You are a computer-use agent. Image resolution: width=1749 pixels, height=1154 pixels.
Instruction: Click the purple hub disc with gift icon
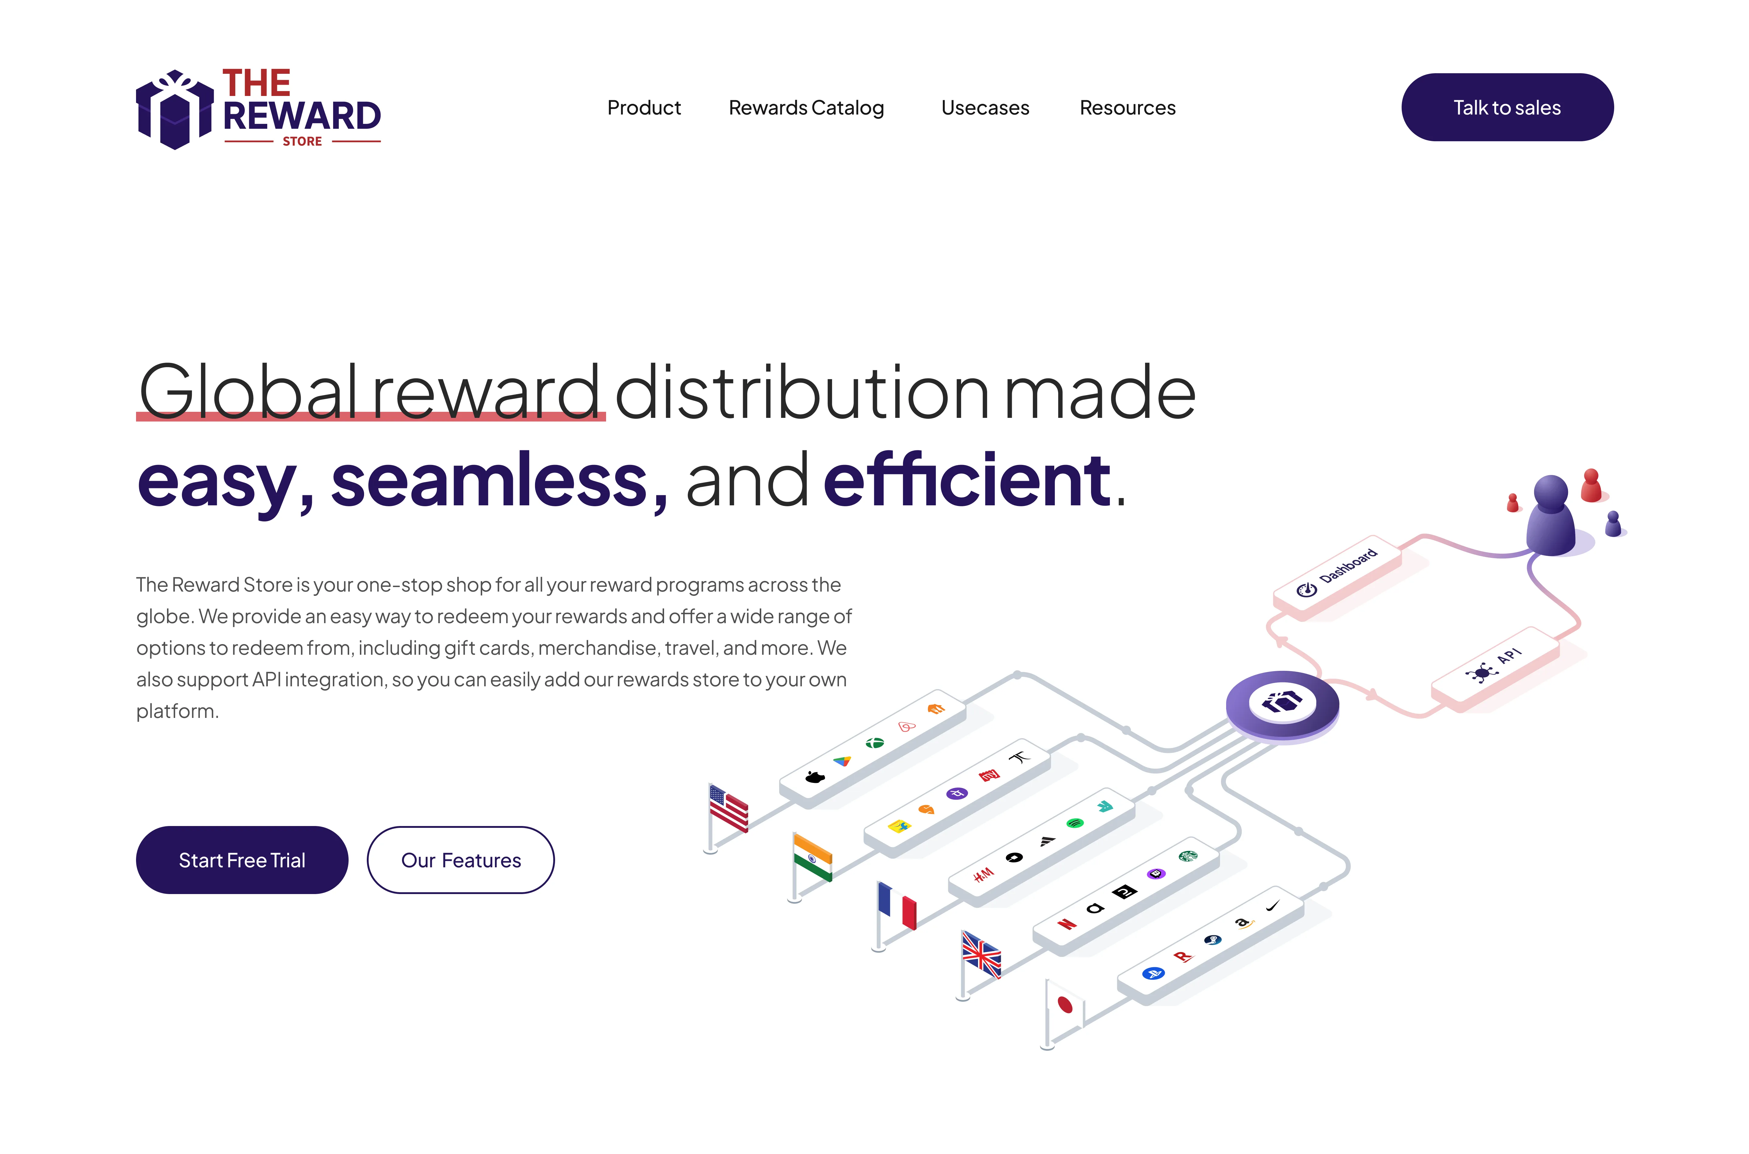click(1282, 703)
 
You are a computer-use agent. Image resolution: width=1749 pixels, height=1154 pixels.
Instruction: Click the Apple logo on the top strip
click(815, 777)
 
